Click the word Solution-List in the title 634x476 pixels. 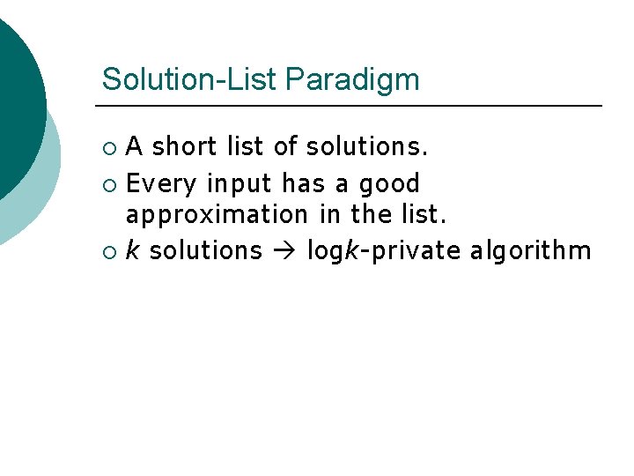(x=189, y=79)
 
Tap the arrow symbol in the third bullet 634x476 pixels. (x=284, y=251)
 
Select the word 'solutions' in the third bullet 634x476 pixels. (x=206, y=250)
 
